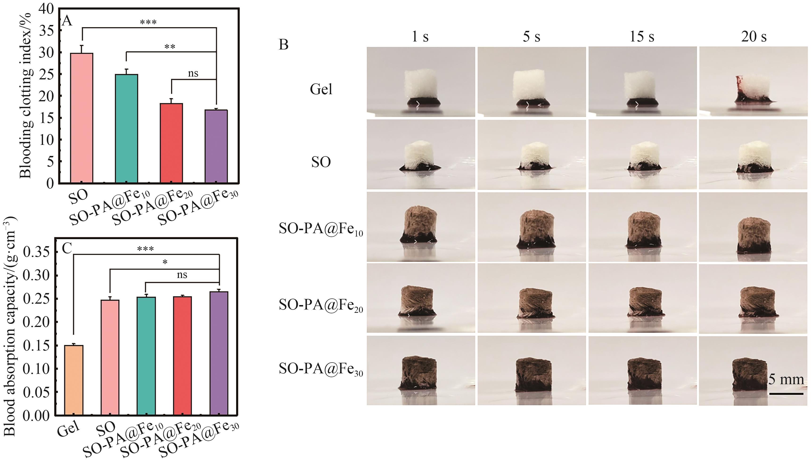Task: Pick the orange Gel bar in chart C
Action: click(x=74, y=380)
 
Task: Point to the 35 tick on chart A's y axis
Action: click(x=47, y=31)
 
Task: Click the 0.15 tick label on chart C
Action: click(x=37, y=345)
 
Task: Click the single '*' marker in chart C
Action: click(x=165, y=262)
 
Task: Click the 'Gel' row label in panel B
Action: click(x=321, y=89)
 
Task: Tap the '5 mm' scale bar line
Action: click(x=786, y=394)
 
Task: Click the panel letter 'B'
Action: click(x=283, y=45)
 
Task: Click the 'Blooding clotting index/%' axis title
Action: click(x=26, y=95)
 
